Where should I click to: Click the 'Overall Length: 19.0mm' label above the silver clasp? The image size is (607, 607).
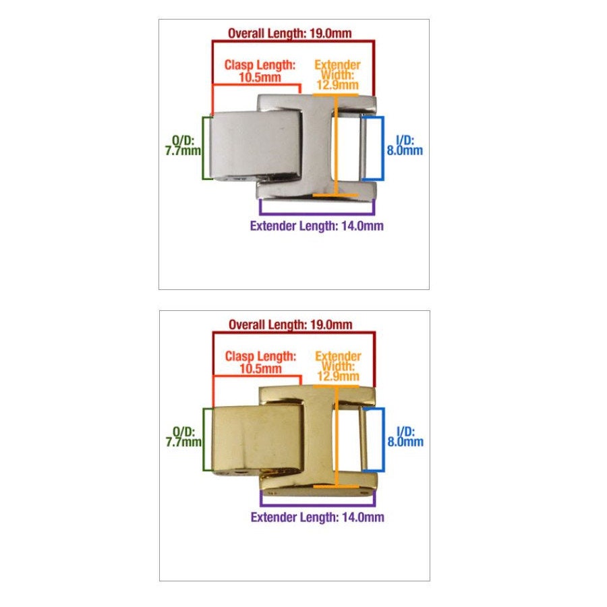[289, 33]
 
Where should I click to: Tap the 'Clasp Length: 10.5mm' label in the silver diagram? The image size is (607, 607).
[260, 71]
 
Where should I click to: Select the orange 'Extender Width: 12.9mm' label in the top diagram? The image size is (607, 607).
[337, 75]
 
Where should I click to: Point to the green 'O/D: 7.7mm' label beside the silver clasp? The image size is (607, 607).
[183, 146]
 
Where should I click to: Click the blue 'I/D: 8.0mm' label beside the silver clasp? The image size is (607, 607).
[405, 146]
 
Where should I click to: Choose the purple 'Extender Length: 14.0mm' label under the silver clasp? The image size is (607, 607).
[317, 226]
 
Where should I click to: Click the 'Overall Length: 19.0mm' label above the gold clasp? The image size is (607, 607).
[290, 324]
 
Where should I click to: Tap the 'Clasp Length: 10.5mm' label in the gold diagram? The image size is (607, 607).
[260, 362]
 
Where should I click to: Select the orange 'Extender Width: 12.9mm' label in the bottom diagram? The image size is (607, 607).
[338, 366]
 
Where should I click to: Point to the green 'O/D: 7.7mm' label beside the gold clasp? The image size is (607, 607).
[183, 436]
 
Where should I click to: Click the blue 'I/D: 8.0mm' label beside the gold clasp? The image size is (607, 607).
[405, 436]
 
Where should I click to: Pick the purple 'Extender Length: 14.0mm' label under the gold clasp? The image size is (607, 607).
[318, 517]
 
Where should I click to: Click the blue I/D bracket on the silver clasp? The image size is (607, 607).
[383, 148]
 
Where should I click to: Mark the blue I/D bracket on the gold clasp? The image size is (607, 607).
[383, 439]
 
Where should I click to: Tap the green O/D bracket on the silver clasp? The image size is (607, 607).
[203, 148]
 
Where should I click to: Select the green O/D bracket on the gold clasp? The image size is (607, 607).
[204, 439]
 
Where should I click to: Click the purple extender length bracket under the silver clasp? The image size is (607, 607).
[317, 214]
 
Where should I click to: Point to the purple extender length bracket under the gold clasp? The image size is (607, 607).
[318, 504]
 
